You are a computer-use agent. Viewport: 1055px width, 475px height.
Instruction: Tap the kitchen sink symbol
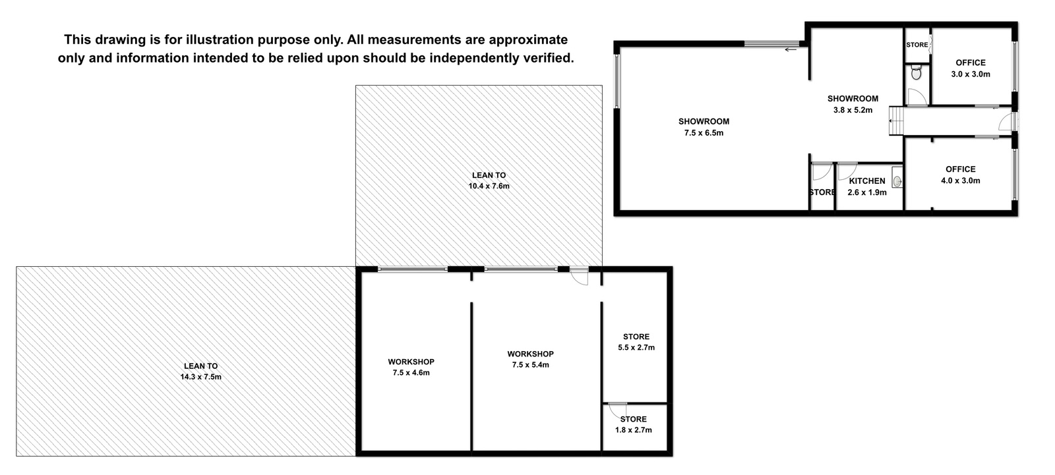897,181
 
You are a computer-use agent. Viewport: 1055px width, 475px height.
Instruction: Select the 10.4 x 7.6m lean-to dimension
489,186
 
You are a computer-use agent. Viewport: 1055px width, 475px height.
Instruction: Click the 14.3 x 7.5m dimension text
200,377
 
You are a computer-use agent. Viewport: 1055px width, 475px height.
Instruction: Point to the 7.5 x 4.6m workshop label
411,367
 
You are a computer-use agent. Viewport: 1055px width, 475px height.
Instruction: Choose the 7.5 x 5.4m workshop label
530,359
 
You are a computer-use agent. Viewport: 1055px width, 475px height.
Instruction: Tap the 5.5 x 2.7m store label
636,342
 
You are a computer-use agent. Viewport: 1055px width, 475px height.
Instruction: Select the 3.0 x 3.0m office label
970,69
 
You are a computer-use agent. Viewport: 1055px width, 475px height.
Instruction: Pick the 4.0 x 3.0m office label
960,175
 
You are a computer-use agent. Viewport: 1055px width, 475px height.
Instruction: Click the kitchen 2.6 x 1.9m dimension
867,192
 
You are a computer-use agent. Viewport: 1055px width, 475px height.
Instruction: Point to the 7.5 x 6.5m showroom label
704,127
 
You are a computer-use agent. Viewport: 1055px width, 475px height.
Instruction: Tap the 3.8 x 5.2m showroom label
853,104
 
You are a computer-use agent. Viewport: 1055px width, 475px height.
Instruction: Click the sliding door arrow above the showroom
791,49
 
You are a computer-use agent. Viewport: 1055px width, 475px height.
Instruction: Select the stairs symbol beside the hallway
897,121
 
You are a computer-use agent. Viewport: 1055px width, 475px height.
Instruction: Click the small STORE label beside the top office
917,45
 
